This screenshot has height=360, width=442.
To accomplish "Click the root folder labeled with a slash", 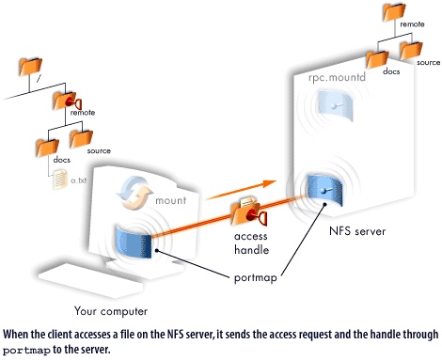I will pyautogui.click(x=30, y=68).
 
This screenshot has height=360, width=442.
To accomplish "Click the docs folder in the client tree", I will pyautogui.click(x=45, y=146).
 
